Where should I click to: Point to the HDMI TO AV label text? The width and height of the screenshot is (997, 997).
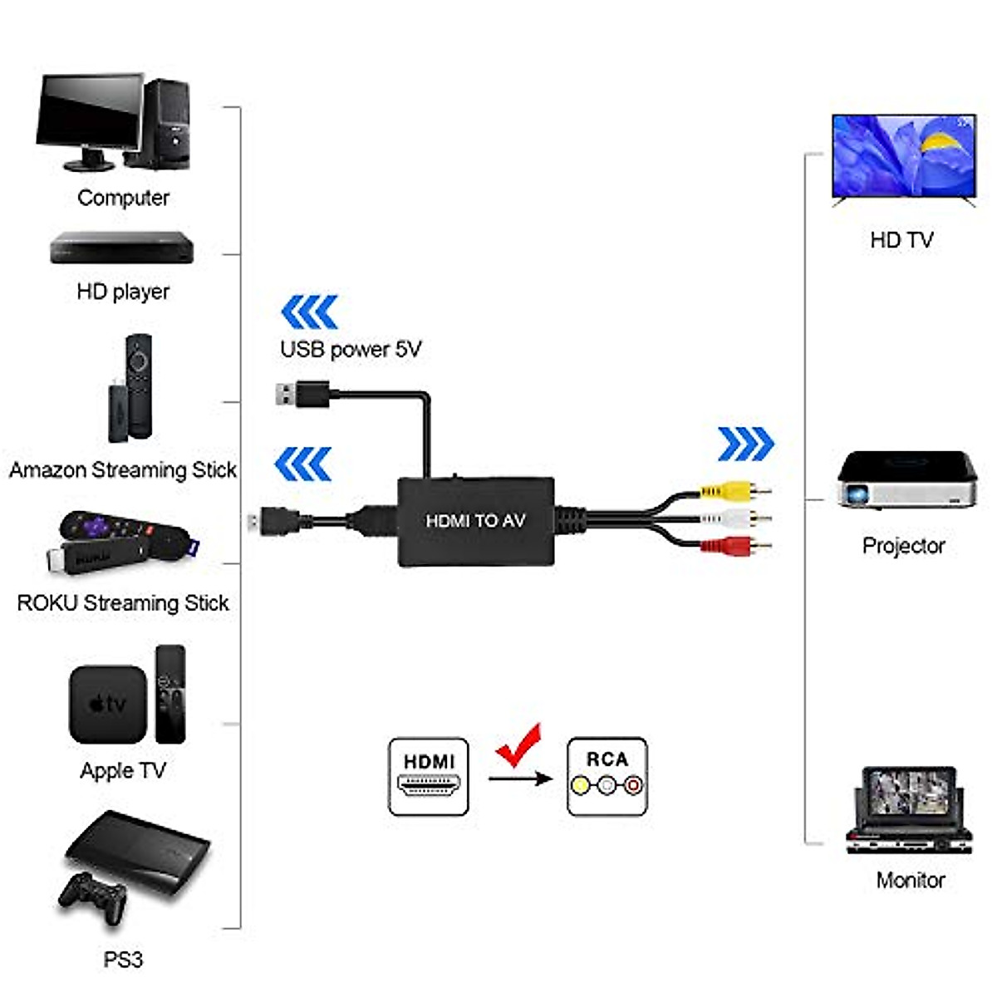(475, 521)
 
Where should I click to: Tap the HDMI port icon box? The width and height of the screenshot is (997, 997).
(429, 777)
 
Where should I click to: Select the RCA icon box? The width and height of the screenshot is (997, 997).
(607, 777)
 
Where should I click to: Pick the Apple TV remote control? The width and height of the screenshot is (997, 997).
(170, 694)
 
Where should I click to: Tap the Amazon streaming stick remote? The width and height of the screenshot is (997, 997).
(140, 386)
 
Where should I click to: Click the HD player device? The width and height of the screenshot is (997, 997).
(121, 248)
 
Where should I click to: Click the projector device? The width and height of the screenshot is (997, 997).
(906, 480)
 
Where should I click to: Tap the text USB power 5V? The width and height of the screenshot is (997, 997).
(351, 350)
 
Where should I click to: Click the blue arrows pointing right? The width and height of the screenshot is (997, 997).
(745, 444)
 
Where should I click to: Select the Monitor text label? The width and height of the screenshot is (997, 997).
(911, 880)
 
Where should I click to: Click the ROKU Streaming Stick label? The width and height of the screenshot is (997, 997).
(123, 603)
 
